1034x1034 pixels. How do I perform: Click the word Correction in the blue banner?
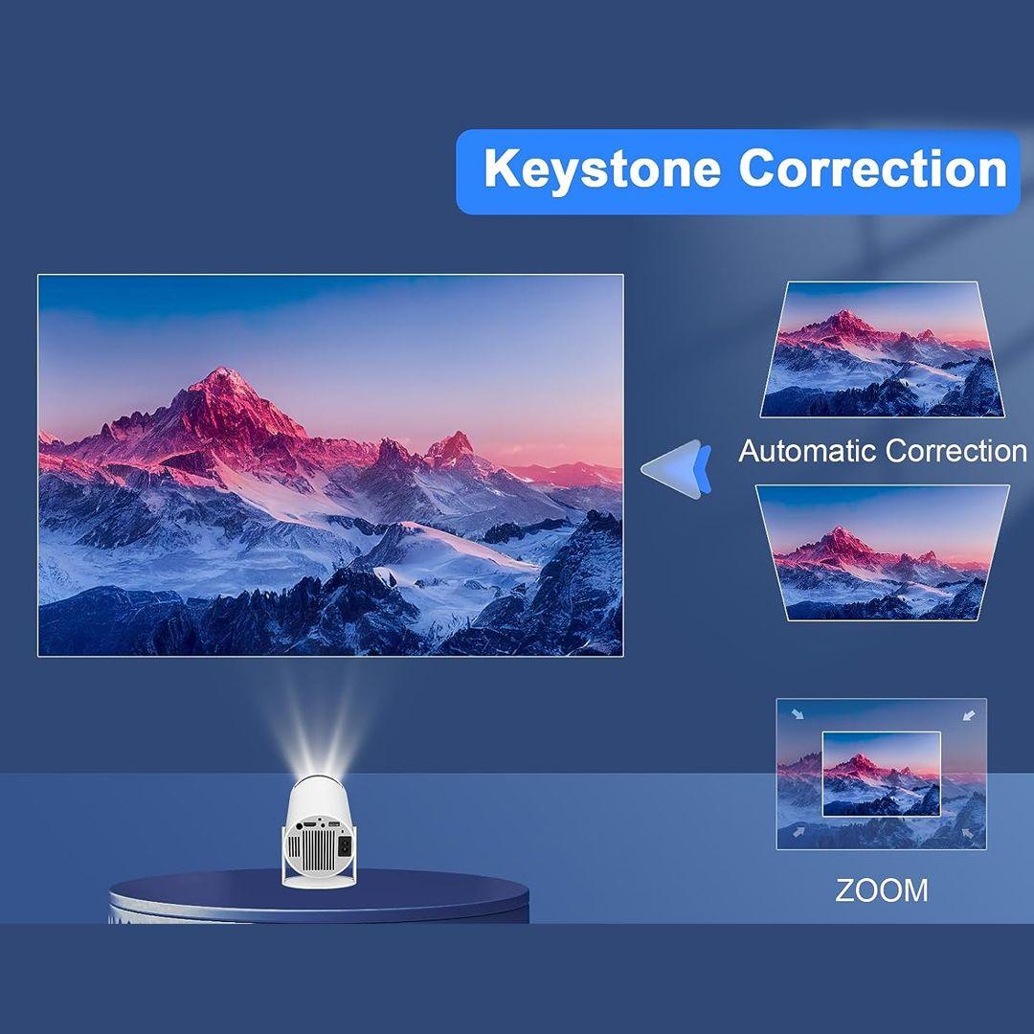click(873, 168)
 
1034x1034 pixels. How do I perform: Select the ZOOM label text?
click(881, 890)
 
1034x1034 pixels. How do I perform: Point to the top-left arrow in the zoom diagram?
click(798, 713)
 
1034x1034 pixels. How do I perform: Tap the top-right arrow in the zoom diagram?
click(969, 714)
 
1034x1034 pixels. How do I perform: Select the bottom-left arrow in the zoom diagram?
click(798, 832)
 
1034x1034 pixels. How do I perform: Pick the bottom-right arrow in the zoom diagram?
click(968, 832)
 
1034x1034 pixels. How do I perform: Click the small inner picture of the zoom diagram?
click(881, 774)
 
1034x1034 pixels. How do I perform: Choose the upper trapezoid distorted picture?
click(882, 349)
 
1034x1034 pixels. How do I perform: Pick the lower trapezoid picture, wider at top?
click(883, 552)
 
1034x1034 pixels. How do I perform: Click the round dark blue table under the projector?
click(319, 897)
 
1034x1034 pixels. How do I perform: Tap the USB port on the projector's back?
click(333, 825)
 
